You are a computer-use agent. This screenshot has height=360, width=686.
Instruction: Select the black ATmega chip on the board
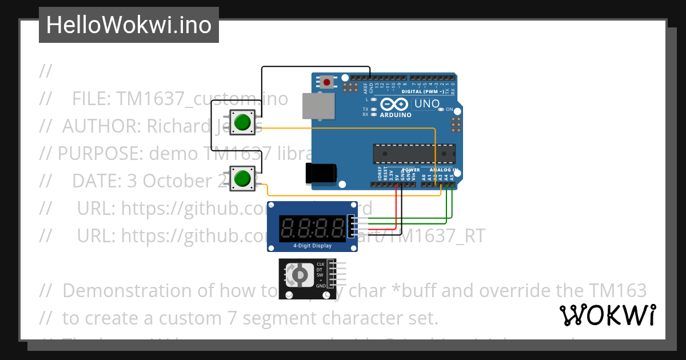pos(414,154)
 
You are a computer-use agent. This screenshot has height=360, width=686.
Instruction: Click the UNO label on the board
pos(427,104)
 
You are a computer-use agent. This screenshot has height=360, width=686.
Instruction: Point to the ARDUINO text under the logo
pos(396,115)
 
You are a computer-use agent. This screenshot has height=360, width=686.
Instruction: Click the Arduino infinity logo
pos(394,105)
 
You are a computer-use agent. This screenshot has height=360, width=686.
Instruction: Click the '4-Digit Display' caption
pos(312,246)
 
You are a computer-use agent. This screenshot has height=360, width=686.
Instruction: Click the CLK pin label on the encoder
pos(321,264)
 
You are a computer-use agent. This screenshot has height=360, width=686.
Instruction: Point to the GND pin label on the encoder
pos(321,285)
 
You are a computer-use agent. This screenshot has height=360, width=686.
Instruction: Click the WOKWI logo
pos(607,315)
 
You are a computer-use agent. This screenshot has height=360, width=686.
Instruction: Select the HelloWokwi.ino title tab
pos(129,25)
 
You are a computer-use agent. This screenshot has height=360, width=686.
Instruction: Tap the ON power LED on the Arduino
pos(441,109)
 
